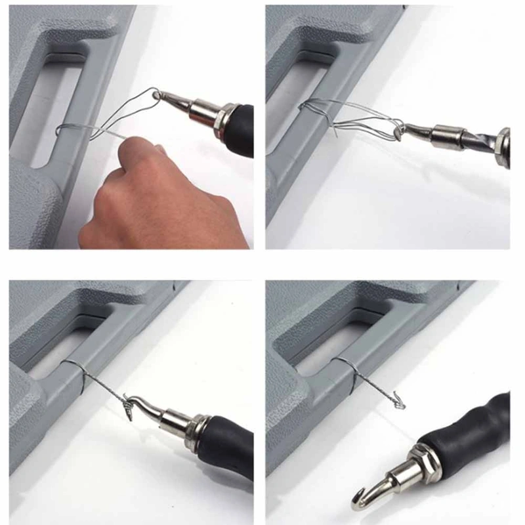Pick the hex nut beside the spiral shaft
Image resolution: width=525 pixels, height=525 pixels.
[503, 139]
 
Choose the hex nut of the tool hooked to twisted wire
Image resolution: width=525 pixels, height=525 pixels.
[193, 432]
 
